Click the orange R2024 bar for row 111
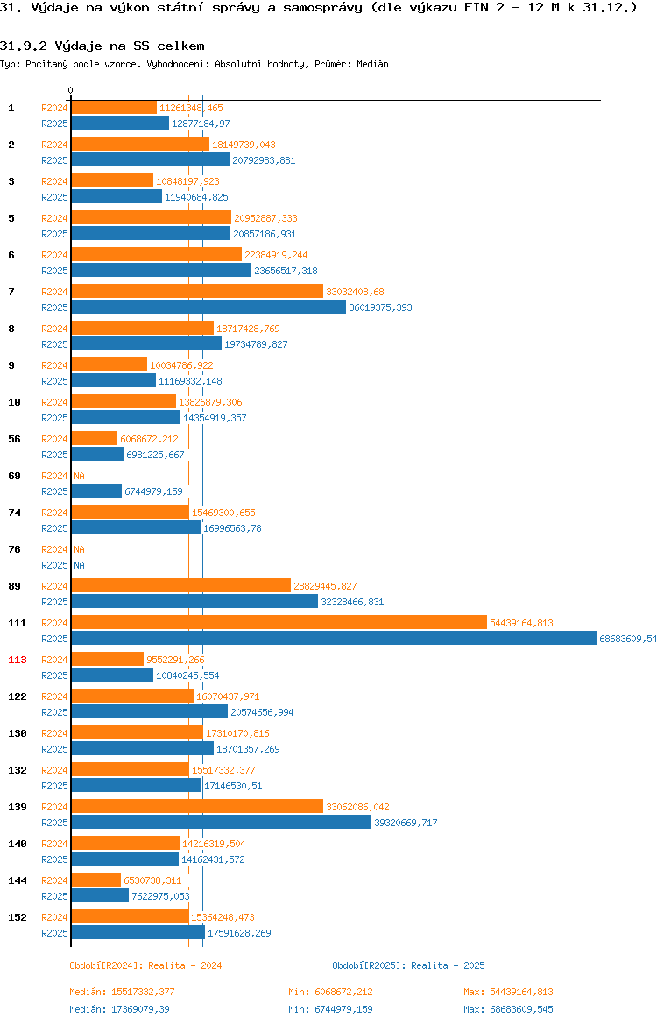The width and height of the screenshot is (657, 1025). point(279,622)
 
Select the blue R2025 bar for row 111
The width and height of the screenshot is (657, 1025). point(334,638)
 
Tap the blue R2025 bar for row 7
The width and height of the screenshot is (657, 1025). point(208,307)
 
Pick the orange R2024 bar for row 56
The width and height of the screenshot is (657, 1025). point(95,439)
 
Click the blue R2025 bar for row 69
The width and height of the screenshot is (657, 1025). point(96,491)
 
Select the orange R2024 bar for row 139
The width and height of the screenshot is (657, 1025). point(197,806)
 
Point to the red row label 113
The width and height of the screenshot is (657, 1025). point(17,660)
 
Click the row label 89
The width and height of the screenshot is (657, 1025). point(14,586)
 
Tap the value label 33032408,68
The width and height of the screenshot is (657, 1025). point(355,292)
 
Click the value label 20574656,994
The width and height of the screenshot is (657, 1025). point(262,712)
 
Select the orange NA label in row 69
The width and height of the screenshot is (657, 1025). point(79,476)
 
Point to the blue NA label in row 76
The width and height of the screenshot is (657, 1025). point(79,565)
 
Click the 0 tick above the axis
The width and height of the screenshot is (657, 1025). point(71,90)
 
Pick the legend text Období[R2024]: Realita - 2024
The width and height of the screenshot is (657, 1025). point(145,965)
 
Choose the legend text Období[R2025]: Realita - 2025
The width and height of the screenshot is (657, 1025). point(408,965)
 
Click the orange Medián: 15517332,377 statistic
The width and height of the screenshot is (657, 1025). point(123,992)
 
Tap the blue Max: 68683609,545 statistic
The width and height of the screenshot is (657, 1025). point(509,1009)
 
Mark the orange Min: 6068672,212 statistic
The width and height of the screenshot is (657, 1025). point(331,992)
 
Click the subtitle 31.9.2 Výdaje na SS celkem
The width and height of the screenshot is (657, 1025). point(102,46)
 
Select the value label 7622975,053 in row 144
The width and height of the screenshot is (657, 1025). point(161,895)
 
